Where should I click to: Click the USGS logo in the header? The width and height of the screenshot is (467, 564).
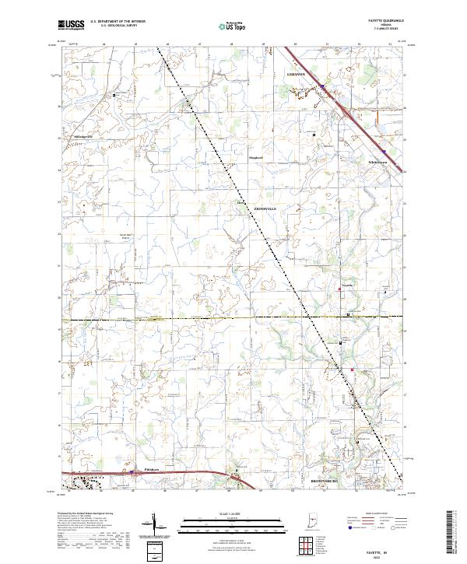[x=71, y=26]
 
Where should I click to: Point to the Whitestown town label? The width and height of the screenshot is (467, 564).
[x=378, y=162]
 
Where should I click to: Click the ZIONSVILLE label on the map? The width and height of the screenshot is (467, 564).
[x=265, y=208]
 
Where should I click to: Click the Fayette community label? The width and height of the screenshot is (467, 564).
[x=349, y=286]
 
